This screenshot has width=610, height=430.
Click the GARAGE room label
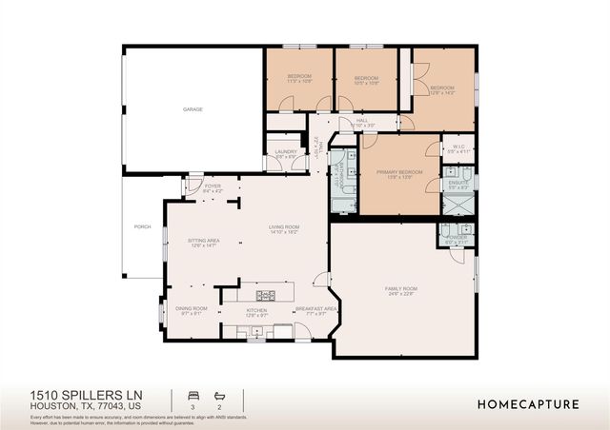[x=193, y=110]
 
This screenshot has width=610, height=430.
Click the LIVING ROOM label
[x=284, y=228]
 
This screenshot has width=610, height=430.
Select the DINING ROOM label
[x=192, y=309]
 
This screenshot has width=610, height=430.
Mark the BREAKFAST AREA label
[x=315, y=309]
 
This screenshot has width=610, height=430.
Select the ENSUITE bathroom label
[x=457, y=184]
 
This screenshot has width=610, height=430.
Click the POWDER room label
[x=457, y=240]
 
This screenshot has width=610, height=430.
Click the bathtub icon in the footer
[x=219, y=395]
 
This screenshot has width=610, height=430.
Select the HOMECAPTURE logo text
[x=527, y=404]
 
